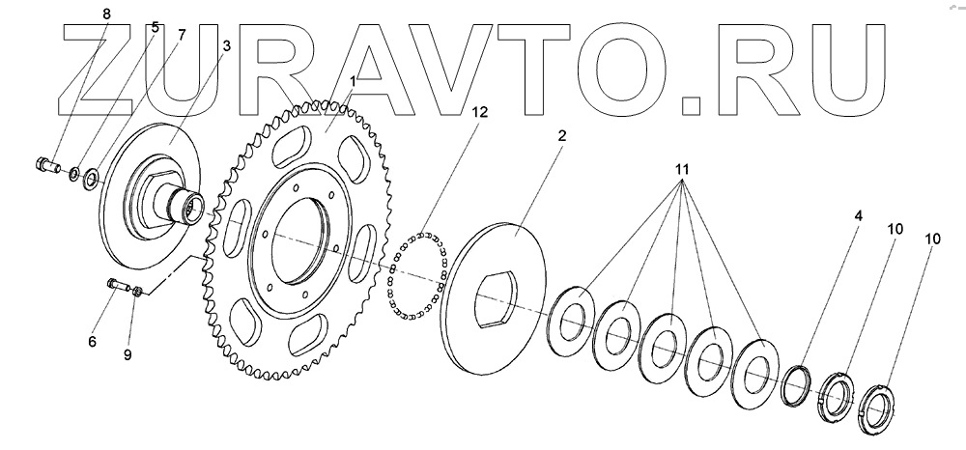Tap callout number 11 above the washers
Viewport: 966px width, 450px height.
point(681,170)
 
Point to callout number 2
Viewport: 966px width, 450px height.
point(560,136)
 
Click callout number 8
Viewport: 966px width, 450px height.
point(106,13)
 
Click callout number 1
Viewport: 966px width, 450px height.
point(354,82)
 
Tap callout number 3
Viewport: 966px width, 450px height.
point(226,45)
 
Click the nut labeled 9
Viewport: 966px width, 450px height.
point(138,290)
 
